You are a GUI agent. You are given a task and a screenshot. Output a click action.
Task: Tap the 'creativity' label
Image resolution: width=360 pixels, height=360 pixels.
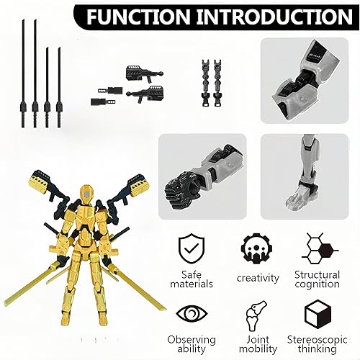pyautogui.click(x=253, y=276)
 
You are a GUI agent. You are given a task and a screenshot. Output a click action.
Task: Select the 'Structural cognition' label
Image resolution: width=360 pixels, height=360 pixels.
pyautogui.click(x=317, y=279)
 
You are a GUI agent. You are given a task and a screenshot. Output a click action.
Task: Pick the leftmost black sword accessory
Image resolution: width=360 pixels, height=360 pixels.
pyautogui.click(x=23, y=72)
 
